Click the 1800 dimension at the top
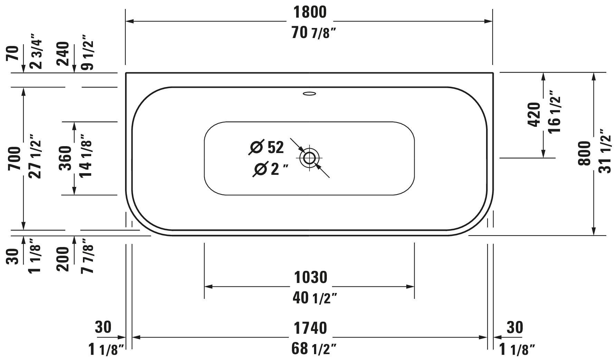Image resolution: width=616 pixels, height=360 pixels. click(310, 12)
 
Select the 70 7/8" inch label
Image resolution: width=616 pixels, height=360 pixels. click(314, 33)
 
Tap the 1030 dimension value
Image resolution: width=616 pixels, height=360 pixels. click(310, 277)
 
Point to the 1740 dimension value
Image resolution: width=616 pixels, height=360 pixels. click(310, 328)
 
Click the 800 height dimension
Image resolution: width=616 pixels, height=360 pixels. click(585, 153)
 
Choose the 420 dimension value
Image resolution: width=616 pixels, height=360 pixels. click(534, 115)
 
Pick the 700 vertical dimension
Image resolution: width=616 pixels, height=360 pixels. click(15, 158)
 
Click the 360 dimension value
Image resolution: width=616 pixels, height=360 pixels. click(66, 158)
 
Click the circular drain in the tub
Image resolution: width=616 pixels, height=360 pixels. click(309, 158)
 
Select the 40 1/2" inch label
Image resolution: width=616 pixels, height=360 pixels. click(314, 298)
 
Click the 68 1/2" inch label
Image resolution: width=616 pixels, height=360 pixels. click(314, 349)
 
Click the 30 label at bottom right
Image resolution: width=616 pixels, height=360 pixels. click(514, 327)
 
